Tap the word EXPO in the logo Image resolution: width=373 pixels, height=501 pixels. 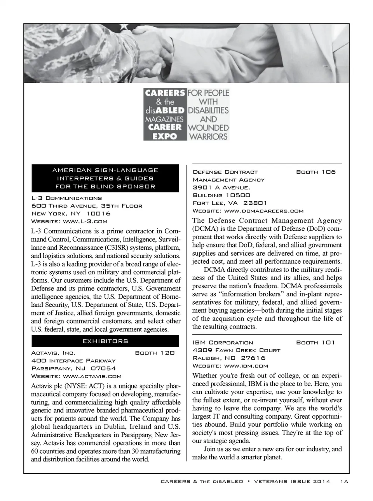(165, 136)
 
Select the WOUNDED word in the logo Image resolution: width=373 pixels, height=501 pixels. (208, 128)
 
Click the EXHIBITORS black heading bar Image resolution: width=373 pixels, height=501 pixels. (105, 341)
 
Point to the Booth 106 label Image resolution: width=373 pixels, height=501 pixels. (315, 172)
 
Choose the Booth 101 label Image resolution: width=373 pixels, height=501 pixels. (315, 343)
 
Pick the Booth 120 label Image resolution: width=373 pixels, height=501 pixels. (155, 353)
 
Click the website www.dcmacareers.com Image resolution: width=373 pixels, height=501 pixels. (264, 211)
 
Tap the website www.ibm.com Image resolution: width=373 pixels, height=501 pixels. (246, 366)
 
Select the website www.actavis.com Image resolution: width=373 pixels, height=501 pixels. (92, 376)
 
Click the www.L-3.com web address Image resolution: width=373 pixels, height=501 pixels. (85, 221)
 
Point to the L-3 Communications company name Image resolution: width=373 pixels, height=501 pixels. (66, 198)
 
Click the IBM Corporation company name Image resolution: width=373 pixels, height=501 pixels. (223, 343)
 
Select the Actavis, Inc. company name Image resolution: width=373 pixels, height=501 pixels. (53, 353)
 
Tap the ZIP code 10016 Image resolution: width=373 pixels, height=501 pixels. (98, 214)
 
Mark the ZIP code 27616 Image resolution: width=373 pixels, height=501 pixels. (253, 358)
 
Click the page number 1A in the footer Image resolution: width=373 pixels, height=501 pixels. (344, 482)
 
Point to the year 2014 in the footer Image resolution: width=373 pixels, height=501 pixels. (321, 482)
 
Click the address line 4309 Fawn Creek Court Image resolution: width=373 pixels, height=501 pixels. (236, 350)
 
